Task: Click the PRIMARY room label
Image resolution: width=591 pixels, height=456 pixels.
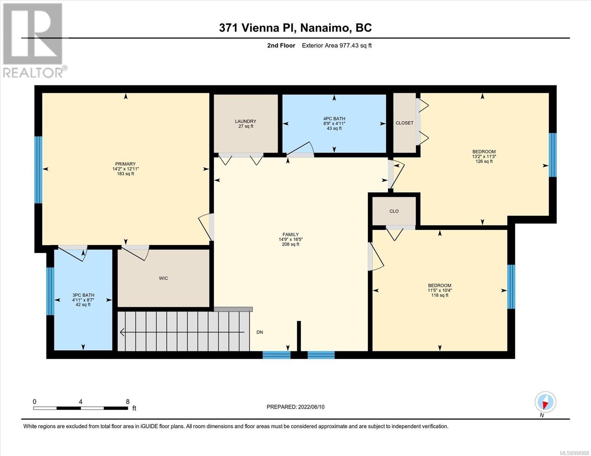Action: [x=125, y=164]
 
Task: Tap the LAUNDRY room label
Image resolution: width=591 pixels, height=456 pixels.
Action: [x=245, y=121]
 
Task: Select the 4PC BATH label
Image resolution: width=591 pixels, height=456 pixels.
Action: [x=334, y=119]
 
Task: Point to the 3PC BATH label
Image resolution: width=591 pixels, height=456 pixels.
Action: [x=83, y=295]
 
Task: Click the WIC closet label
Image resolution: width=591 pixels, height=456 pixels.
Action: [x=164, y=278]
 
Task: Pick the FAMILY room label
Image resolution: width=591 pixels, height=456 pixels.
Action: [x=290, y=234]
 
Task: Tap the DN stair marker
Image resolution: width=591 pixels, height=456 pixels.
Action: [x=260, y=332]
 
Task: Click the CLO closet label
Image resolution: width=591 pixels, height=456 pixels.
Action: [x=394, y=211]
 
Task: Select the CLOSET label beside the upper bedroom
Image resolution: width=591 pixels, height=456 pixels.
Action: [x=405, y=123]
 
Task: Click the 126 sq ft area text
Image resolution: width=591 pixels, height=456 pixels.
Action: [x=484, y=161]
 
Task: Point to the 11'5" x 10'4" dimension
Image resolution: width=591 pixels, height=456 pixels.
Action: [x=440, y=290]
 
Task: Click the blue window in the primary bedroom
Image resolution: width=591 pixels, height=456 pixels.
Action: [x=38, y=169]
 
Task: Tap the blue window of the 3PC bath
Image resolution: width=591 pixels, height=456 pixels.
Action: [x=50, y=291]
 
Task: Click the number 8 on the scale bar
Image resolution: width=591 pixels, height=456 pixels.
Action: [x=127, y=401]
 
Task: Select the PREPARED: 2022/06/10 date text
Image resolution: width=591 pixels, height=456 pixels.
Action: [x=295, y=407]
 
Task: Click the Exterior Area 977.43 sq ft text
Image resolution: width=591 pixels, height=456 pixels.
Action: [x=337, y=45]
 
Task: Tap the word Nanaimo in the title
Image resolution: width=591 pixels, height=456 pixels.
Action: [x=325, y=28]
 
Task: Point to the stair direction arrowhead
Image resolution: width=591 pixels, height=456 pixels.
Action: [x=122, y=332]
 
